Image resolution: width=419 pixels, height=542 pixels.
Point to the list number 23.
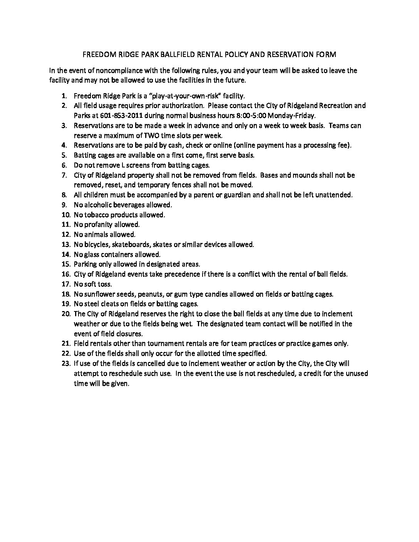tap(65, 363)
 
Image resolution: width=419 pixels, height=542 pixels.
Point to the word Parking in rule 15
tap(85, 264)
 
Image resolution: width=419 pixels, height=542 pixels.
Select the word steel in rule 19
tap(91, 304)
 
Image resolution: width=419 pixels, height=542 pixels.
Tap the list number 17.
tap(65, 284)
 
